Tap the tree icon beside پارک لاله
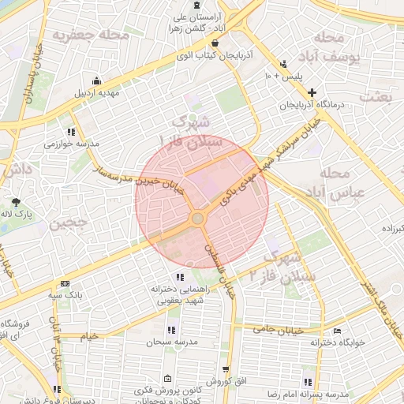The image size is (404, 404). (15, 203)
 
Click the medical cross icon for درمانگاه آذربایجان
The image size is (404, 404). (312, 92)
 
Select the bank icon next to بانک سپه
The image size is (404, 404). (65, 284)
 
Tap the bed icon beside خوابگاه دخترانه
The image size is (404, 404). (338, 331)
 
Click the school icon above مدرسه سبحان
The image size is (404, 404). (170, 330)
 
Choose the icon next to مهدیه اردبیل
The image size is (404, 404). (97, 80)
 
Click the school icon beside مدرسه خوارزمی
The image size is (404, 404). (71, 133)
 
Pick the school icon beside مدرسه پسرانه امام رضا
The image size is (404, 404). (319, 383)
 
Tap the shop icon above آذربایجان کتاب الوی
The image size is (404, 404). (215, 45)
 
